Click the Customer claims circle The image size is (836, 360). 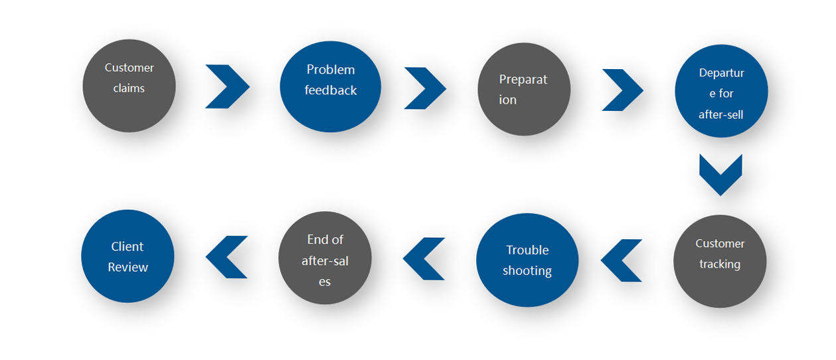129,86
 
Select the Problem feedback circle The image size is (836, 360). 330,87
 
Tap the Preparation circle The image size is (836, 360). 524,89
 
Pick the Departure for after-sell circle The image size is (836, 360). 721,92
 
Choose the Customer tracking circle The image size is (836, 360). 720,261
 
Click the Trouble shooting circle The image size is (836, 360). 527,260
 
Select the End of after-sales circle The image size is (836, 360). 325,258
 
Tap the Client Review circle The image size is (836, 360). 127,256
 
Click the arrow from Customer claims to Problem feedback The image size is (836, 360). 227,86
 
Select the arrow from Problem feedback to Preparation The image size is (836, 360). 425,88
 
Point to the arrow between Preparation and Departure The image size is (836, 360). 622,90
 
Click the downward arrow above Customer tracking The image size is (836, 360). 720,175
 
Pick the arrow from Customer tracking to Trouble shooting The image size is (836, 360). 622,260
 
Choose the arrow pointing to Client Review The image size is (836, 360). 227,257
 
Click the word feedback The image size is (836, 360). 331,91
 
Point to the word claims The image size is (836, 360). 129,88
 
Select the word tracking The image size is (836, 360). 720,264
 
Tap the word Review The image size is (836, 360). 128,267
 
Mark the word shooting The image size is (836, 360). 527,271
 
